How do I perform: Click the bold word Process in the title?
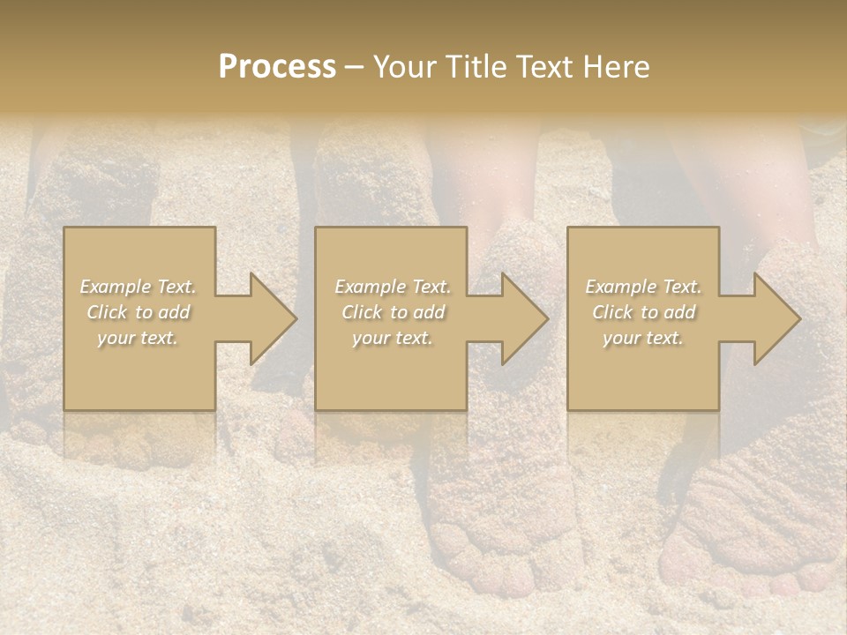pyautogui.click(x=277, y=67)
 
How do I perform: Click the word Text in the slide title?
pyautogui.click(x=546, y=67)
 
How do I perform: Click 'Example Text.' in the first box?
pyautogui.click(x=139, y=287)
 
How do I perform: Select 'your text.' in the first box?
pyautogui.click(x=139, y=338)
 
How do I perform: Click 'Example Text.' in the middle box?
pyautogui.click(x=393, y=287)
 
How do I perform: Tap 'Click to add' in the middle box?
pyautogui.click(x=393, y=312)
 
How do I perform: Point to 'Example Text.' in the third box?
pyautogui.click(x=643, y=287)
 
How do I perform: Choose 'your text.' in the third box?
pyautogui.click(x=643, y=338)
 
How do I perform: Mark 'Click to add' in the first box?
pyautogui.click(x=139, y=312)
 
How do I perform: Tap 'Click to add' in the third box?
pyautogui.click(x=643, y=312)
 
